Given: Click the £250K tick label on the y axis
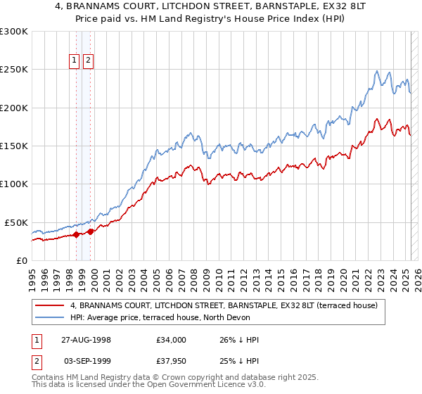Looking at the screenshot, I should (14, 70).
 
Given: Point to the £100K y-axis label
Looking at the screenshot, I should (14, 184).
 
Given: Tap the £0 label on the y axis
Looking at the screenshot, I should (21, 260).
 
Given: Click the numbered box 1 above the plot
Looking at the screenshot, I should (74, 61).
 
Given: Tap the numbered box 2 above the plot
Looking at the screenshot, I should (88, 61).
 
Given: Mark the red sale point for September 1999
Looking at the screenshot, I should (90, 231).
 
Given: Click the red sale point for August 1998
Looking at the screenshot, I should (76, 234).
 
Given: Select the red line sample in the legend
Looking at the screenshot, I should (50, 305).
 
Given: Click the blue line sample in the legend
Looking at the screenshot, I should (50, 318).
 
